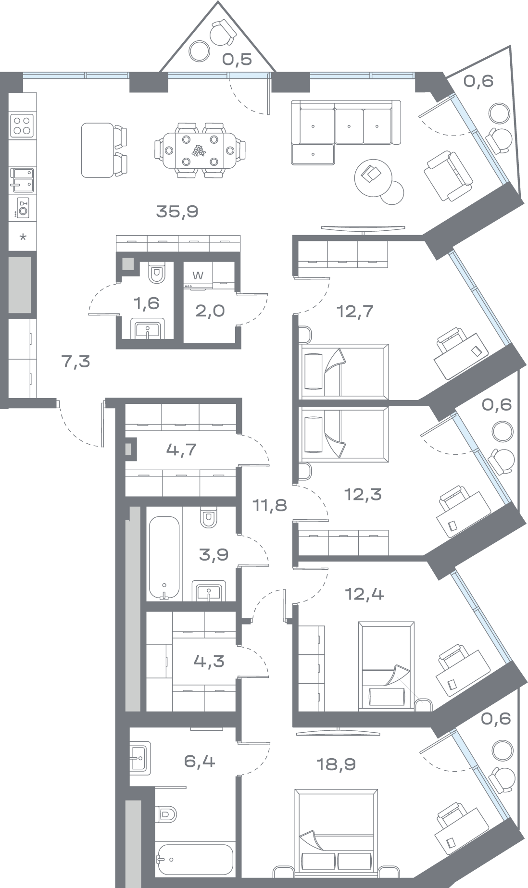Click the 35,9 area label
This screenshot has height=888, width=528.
pos(177,211)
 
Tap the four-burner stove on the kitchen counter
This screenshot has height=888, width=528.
pos(22,125)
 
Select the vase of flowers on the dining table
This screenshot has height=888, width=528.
pos(198,151)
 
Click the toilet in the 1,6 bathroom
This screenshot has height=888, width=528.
pos(157,273)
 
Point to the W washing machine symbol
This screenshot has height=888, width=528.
pos(197,275)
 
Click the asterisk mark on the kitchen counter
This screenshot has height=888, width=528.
pos(22,237)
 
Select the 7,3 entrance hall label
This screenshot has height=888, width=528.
pos(76,361)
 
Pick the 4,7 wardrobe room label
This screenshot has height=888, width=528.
pos(181,450)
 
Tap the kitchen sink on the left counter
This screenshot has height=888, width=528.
pos(22,179)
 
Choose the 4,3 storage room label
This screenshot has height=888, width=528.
pos(209,661)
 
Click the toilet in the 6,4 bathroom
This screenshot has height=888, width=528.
pos(166,814)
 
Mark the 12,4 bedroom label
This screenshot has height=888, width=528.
pos(365,594)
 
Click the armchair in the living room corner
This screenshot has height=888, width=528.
pos(447,175)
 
